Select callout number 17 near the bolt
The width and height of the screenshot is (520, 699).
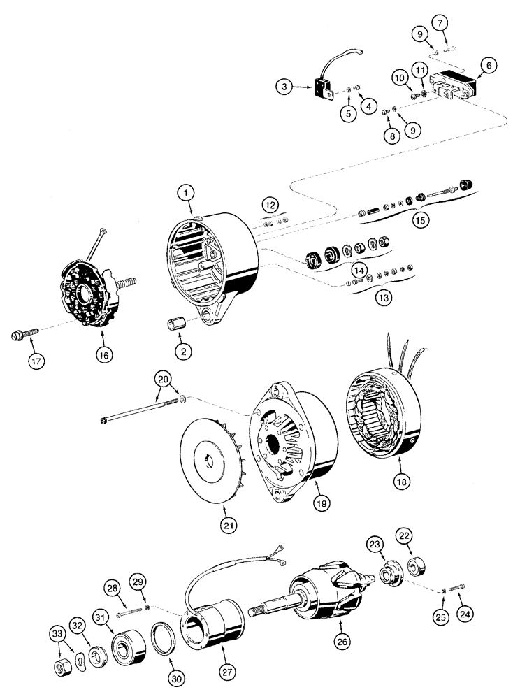click(x=36, y=361)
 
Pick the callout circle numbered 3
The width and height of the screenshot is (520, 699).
click(x=282, y=88)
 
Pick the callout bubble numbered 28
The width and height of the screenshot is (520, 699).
click(x=113, y=589)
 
